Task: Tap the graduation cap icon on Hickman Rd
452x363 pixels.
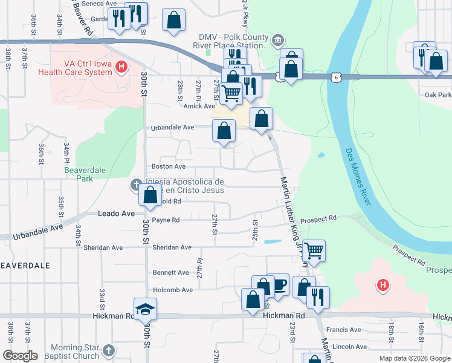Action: coord(144,310)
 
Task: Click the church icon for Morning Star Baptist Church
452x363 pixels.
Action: coord(108,351)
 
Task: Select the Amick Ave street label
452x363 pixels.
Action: coord(198,105)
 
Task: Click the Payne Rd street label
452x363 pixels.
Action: coord(166,220)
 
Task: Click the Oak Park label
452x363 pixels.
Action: coord(437,95)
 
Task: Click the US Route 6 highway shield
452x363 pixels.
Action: coord(335,77)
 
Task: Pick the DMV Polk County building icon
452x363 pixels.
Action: coord(277,41)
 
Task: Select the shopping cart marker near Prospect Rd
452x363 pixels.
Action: coord(314,249)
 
